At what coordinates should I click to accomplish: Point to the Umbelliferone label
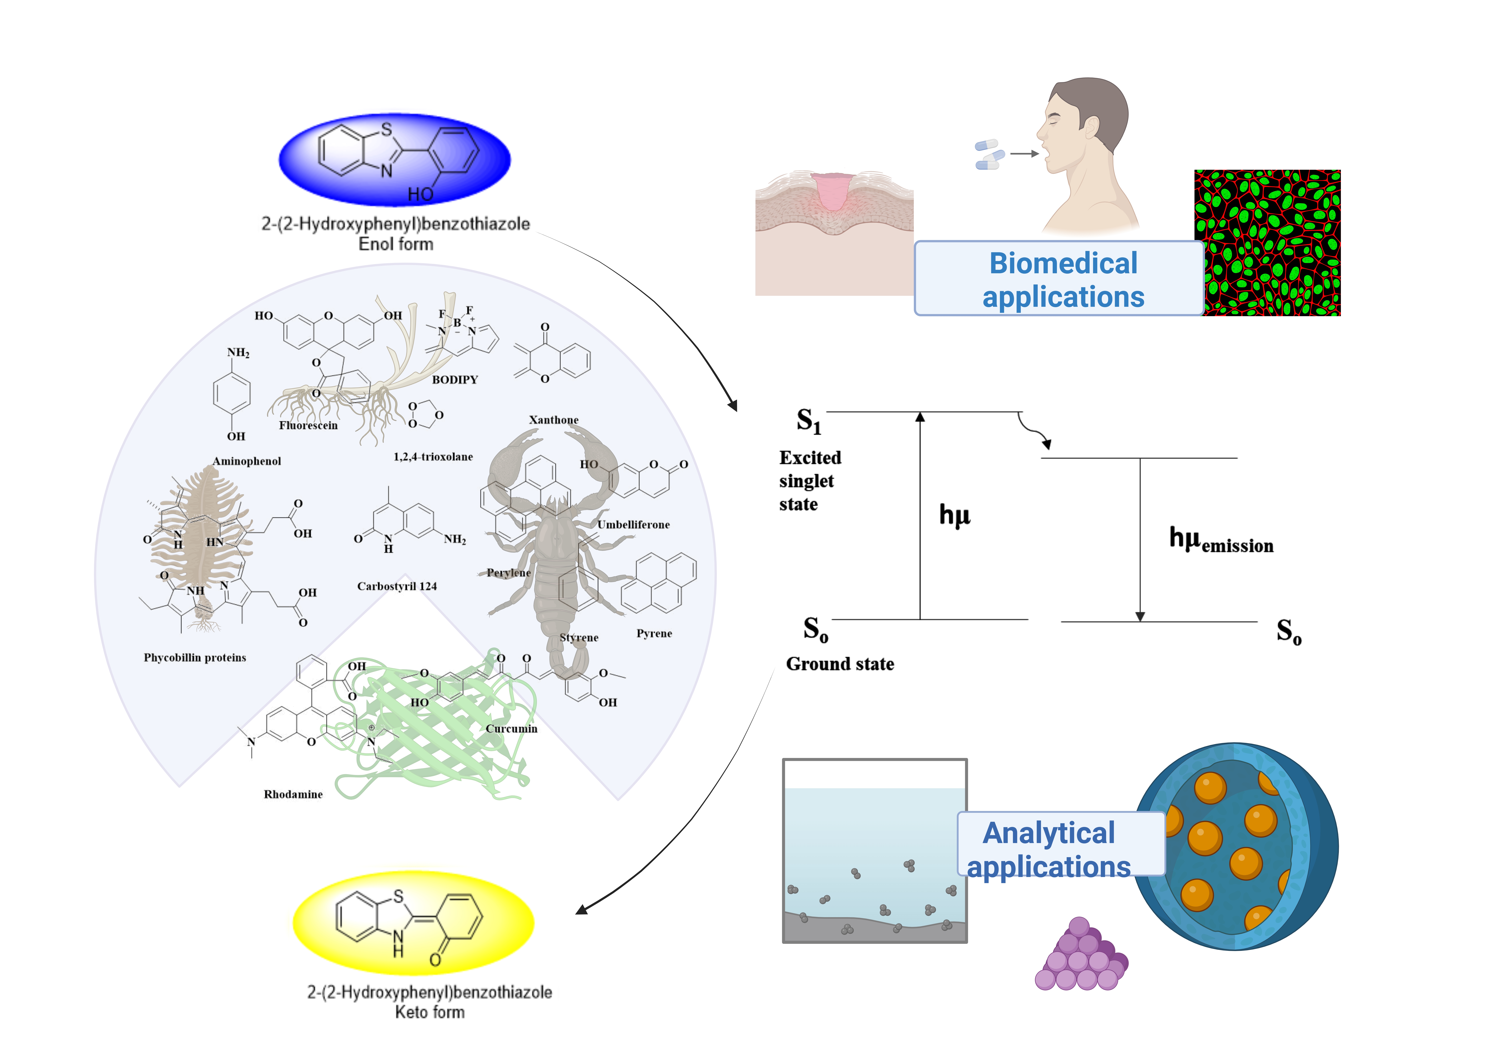pos(633,525)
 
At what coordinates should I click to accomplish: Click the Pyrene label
pos(654,634)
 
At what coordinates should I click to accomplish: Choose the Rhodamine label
pos(293,795)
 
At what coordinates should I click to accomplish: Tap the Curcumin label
pos(511,728)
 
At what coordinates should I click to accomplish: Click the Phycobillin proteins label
pos(195,658)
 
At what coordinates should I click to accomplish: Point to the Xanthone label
pos(554,420)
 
